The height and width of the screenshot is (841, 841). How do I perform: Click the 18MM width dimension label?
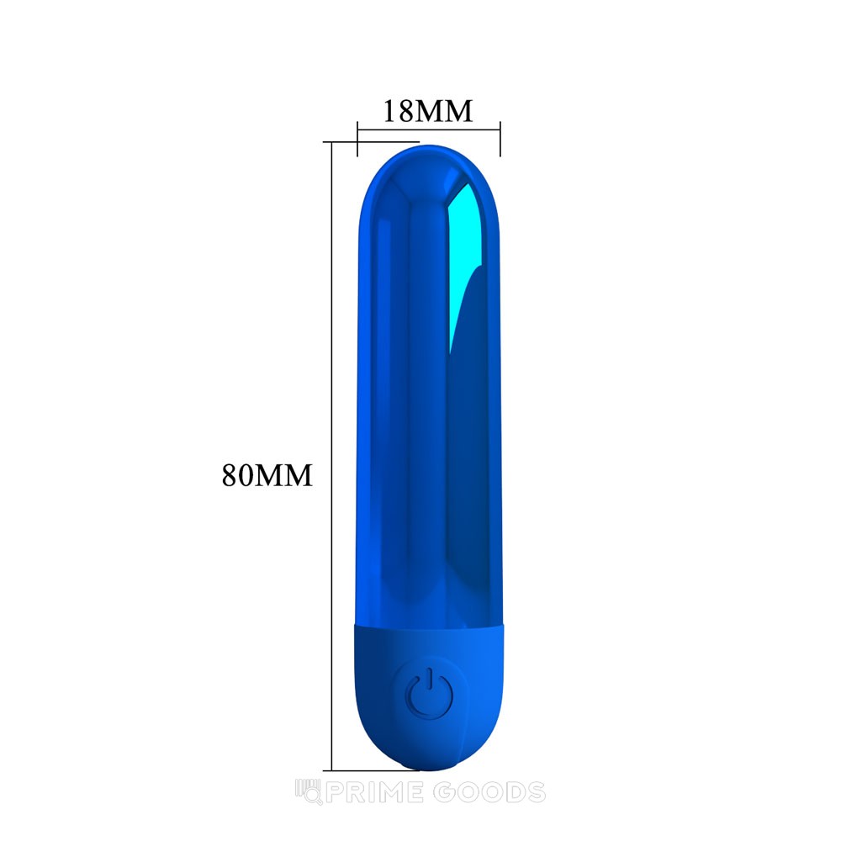427,111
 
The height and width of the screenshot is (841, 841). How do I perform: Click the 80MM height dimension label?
267,474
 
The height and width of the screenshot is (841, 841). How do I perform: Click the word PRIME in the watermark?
374,793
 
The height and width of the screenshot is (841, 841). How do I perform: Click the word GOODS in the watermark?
489,793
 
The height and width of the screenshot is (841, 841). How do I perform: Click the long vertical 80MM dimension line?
332,456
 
